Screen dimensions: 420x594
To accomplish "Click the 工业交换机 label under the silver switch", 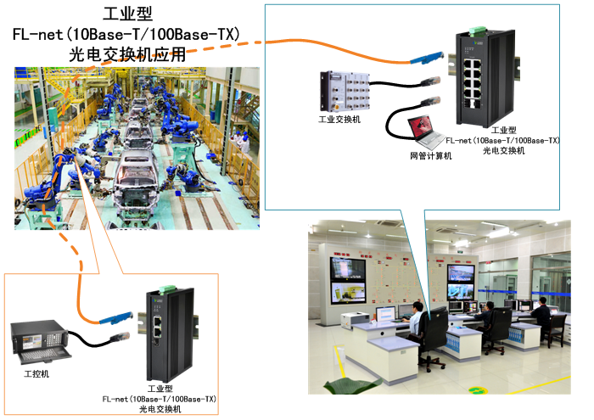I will (339, 120).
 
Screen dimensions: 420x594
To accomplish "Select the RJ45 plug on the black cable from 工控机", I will (119, 337).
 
